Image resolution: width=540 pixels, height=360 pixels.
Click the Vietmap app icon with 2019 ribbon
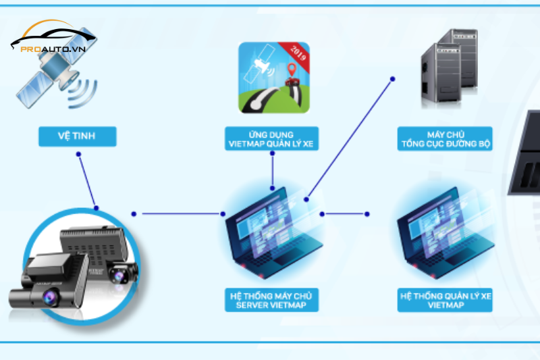pyautogui.click(x=274, y=77)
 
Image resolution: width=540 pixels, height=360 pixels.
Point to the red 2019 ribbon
pyautogui.click(x=297, y=53)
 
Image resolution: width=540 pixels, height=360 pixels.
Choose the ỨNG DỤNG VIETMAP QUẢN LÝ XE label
pyautogui.click(x=270, y=138)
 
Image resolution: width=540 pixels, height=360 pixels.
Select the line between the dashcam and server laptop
pyautogui.click(x=182, y=214)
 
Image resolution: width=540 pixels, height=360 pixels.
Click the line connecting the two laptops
pyautogui.click(x=344, y=214)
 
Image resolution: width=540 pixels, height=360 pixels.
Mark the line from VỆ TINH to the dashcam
pyautogui.click(x=88, y=181)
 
